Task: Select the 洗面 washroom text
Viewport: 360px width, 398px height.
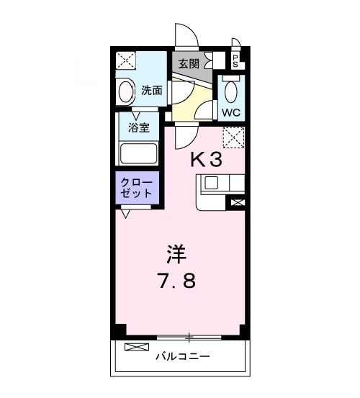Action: (151, 91)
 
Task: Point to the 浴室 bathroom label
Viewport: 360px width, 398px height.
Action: (139, 128)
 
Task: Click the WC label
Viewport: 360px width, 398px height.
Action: (231, 112)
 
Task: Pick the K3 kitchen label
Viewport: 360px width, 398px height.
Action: (206, 160)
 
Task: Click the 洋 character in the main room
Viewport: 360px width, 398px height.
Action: (177, 253)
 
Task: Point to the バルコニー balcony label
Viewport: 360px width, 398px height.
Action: (181, 356)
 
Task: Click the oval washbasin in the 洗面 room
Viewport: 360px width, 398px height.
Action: (126, 92)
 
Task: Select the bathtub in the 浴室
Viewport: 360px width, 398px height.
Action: (138, 153)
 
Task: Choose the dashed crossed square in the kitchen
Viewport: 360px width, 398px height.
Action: (234, 137)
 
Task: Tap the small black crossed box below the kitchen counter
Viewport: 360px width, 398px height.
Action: (236, 204)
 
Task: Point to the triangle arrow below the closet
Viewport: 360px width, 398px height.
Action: (126, 213)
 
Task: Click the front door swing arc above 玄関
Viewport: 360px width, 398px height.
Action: (186, 38)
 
